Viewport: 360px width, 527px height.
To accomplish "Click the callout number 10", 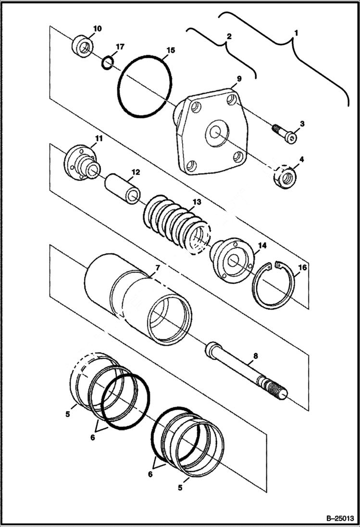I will (97, 29).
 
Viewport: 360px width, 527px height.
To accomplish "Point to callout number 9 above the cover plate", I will (239, 78).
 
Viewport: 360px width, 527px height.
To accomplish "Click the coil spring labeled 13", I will (177, 223).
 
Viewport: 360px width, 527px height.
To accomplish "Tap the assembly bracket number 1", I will (297, 33).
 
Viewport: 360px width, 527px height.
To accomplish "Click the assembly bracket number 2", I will (229, 37).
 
